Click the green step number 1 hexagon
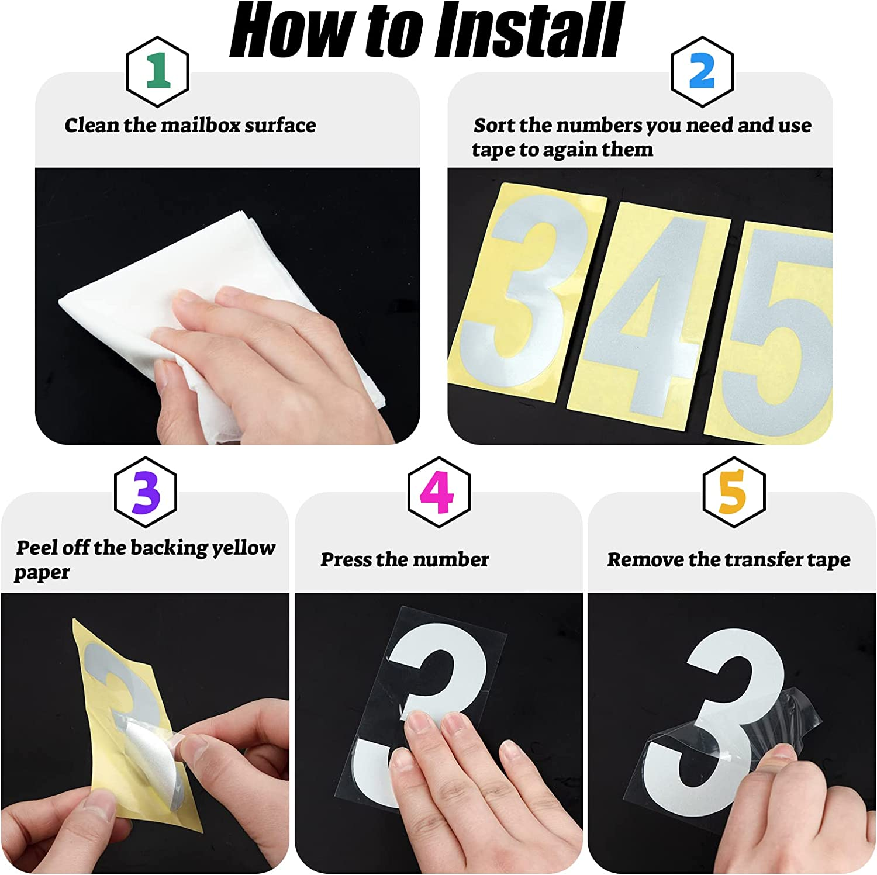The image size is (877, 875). click(x=157, y=71)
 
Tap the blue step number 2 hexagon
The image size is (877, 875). click(x=702, y=71)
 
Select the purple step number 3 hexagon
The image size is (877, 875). click(x=146, y=492)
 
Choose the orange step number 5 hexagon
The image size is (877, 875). click(x=733, y=492)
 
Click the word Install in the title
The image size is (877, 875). click(x=529, y=30)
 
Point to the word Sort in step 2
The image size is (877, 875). click(x=494, y=125)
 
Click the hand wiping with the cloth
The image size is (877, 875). click(x=275, y=362)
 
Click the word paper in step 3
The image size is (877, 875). click(x=42, y=573)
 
